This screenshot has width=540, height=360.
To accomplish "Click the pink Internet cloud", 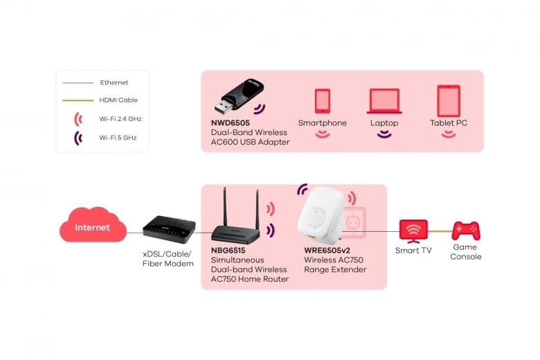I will (x=93, y=226).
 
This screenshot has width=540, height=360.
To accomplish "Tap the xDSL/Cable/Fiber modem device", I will (x=169, y=229).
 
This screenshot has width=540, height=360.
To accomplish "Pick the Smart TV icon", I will (x=413, y=230).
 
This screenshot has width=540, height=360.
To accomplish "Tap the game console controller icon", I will (x=465, y=231).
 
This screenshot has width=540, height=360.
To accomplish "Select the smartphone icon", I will (x=323, y=100).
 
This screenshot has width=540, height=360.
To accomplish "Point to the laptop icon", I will (x=384, y=101).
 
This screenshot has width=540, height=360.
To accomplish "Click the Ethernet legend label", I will (x=114, y=83).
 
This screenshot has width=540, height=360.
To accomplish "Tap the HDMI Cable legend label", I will (x=118, y=100).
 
